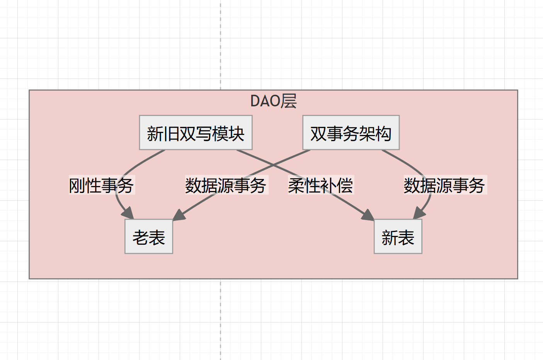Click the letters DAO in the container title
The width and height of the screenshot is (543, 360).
coord(265,101)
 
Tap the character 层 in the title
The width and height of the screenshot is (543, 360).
coord(289,101)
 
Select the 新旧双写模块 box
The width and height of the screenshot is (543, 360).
coord(196,133)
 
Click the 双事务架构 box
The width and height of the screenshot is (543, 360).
coord(351,133)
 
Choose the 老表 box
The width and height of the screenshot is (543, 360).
coord(149,237)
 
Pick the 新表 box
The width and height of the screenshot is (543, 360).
coord(398,237)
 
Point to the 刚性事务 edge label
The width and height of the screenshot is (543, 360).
coord(101,185)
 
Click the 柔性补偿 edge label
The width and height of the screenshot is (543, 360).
coord(320,185)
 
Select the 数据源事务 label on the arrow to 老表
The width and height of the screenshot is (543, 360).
coord(226,185)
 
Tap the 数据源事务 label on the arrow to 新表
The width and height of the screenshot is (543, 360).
coord(444,185)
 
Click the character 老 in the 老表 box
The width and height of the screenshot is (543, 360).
coord(141,237)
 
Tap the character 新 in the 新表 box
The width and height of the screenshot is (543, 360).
coord(390,237)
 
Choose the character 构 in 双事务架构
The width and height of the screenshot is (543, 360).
coord(383,133)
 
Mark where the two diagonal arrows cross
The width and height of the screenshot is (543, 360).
coord(274,165)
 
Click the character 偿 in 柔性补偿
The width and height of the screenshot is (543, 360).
coord(345,185)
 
